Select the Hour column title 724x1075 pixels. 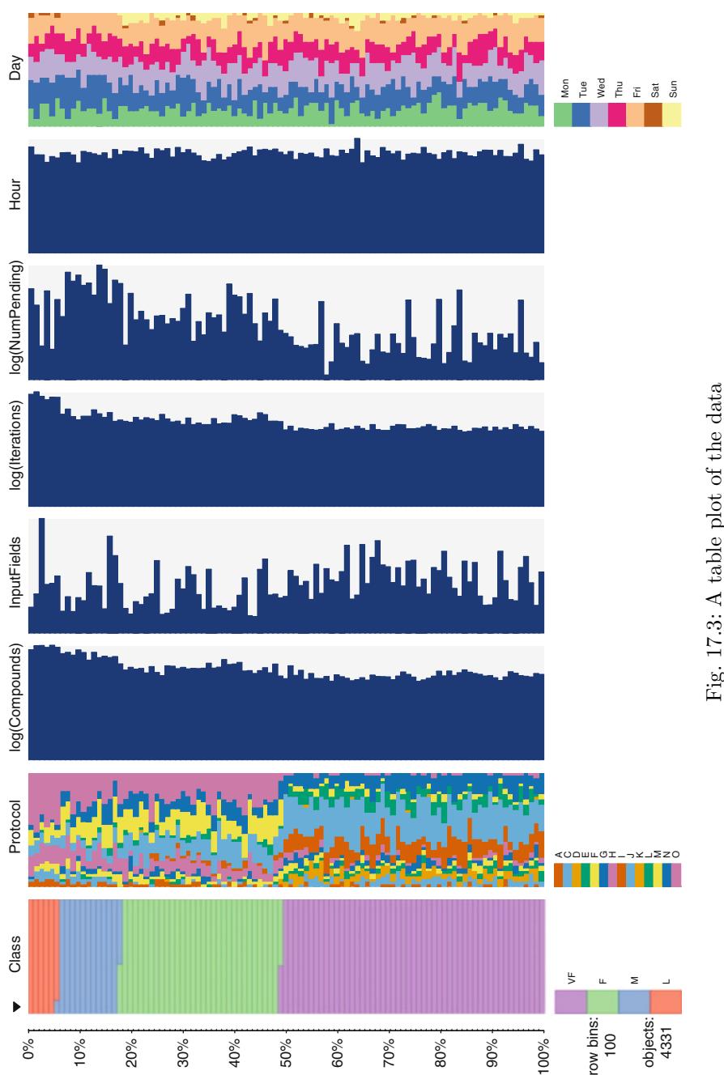pos(14,198)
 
